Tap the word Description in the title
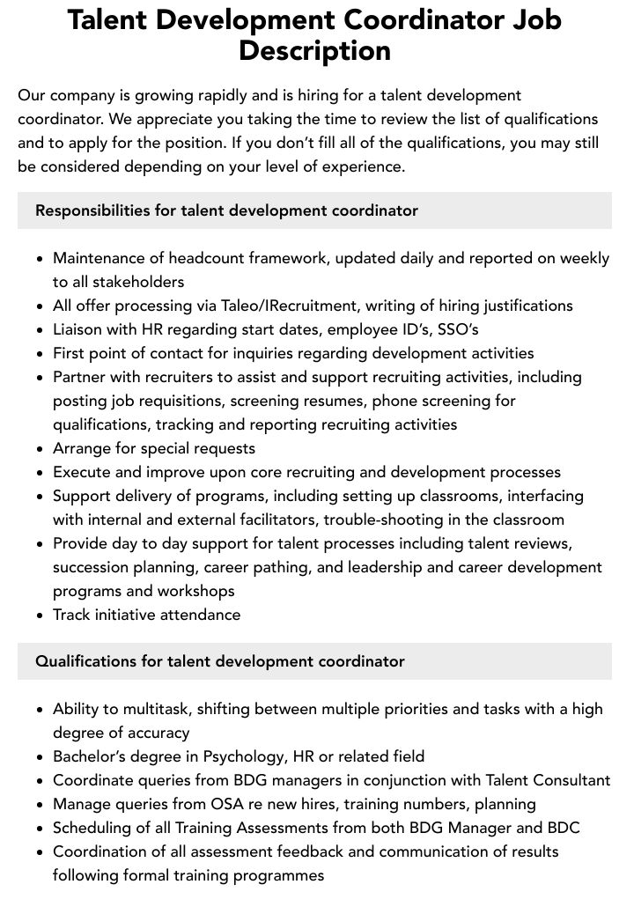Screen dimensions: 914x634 pyautogui.click(x=315, y=50)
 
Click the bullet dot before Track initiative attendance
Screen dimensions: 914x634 pyautogui.click(x=40, y=615)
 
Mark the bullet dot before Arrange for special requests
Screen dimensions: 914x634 pyautogui.click(x=40, y=449)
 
